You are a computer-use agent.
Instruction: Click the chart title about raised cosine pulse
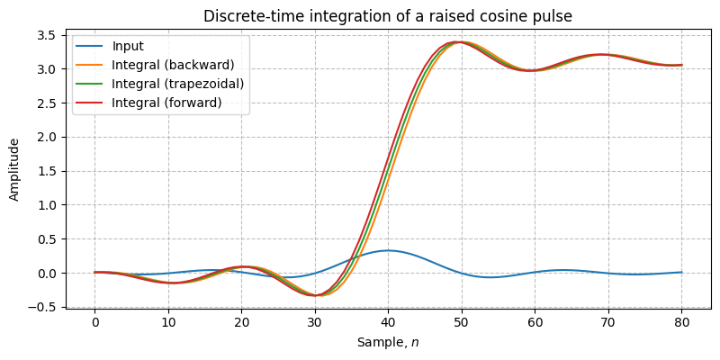click(x=388, y=16)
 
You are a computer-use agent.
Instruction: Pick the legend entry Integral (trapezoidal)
click(x=178, y=85)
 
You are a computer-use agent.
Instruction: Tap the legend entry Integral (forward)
click(x=166, y=103)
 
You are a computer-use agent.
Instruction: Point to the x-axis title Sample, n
click(x=388, y=343)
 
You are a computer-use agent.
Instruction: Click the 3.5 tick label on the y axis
click(x=46, y=35)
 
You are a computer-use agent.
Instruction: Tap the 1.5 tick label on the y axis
click(x=46, y=171)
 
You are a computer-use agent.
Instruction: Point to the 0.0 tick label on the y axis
click(x=46, y=274)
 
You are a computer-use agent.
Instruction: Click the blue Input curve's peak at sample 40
click(x=388, y=250)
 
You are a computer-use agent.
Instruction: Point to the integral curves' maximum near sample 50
click(x=459, y=41)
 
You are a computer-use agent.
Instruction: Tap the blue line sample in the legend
click(x=90, y=47)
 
